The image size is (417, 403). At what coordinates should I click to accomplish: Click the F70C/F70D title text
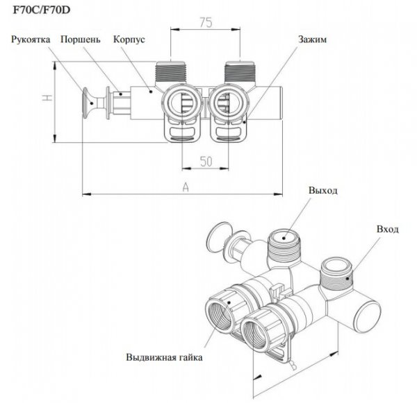click(x=42, y=10)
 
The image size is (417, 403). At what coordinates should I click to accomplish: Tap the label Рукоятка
click(x=31, y=40)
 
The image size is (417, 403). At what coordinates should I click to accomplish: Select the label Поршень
click(x=81, y=40)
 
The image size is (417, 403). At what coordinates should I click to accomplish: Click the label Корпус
click(x=129, y=40)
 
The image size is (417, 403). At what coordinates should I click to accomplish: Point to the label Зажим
click(x=312, y=40)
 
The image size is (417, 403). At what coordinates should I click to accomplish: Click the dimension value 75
click(x=206, y=23)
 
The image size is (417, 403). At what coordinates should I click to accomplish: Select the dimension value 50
click(x=206, y=162)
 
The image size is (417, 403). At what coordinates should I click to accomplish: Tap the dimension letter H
click(x=47, y=97)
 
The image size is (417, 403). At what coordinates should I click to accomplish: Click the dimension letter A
click(x=186, y=187)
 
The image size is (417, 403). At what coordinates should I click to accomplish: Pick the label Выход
click(x=323, y=190)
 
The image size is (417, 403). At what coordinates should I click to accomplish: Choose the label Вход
click(x=388, y=229)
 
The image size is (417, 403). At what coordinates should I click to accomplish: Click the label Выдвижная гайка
click(x=164, y=357)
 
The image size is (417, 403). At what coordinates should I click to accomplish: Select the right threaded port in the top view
click(x=240, y=72)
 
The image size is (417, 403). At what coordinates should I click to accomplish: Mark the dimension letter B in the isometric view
click(x=293, y=366)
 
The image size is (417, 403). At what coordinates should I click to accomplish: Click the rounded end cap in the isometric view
click(x=368, y=316)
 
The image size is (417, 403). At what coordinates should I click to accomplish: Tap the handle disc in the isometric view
click(x=219, y=237)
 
